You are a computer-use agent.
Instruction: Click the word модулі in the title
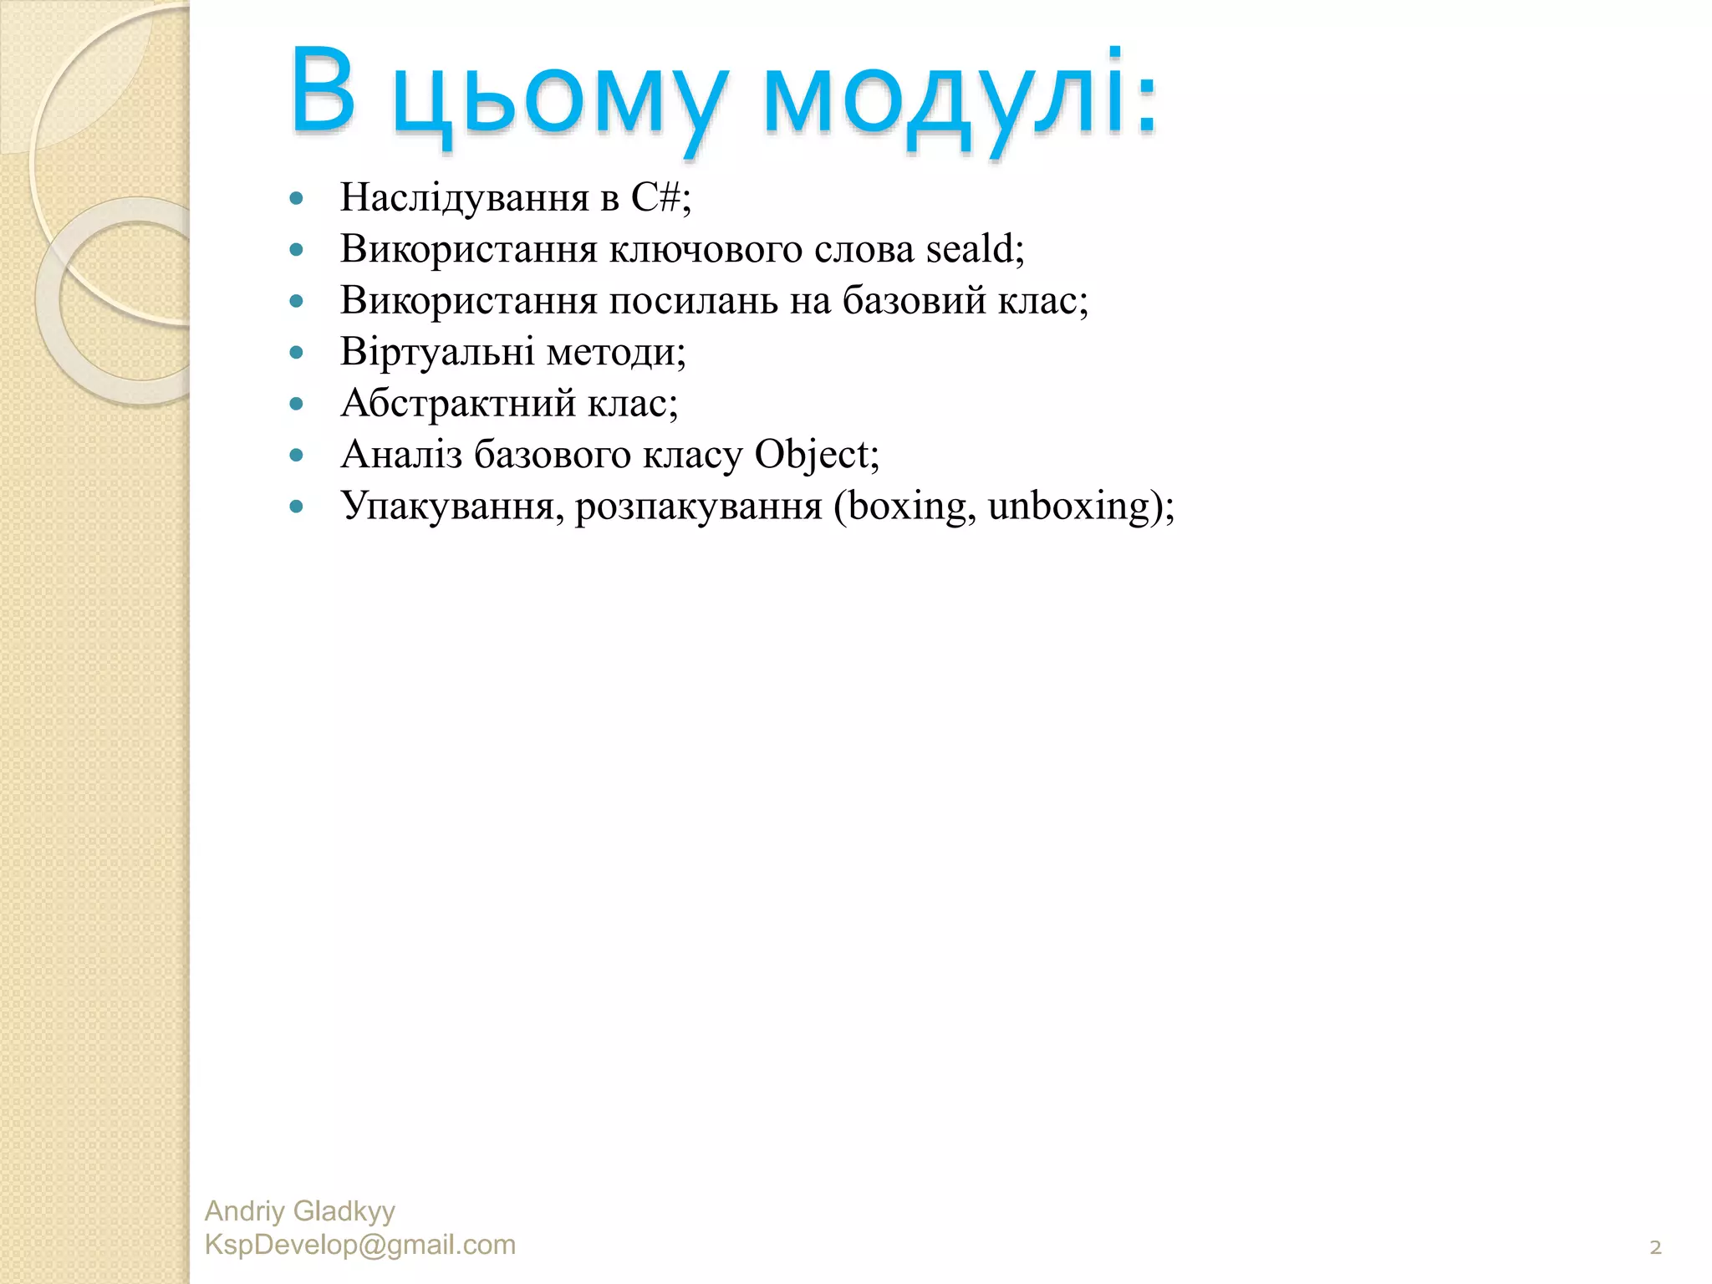(960, 94)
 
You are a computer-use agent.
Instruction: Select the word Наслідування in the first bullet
(464, 198)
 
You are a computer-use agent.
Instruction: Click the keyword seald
(973, 249)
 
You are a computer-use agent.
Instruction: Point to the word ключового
(706, 250)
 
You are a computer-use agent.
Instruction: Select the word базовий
(915, 301)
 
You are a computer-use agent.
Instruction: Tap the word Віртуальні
(437, 352)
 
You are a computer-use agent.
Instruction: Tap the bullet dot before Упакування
(296, 507)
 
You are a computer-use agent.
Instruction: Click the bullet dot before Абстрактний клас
(296, 404)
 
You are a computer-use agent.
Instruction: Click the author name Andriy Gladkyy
(299, 1210)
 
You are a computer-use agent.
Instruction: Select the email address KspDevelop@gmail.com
(359, 1245)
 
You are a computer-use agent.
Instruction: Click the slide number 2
(1655, 1247)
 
